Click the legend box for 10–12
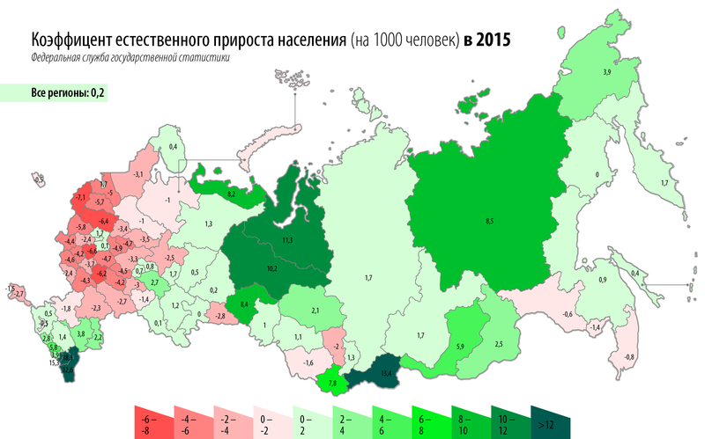(503, 423)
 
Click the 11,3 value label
(287, 240)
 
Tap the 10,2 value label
(272, 267)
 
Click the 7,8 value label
(333, 384)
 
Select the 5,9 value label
(460, 347)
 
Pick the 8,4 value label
(245, 304)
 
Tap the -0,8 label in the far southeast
(630, 357)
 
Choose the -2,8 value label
(219, 315)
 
